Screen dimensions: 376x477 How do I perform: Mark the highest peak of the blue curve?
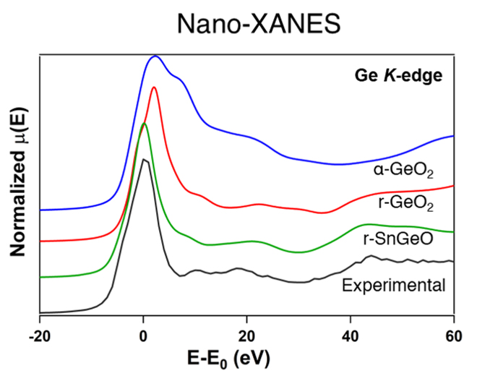155,56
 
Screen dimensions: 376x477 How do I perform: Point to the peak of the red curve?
153,87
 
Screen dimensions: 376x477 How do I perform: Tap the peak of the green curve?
144,124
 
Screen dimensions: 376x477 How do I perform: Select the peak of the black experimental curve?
145,159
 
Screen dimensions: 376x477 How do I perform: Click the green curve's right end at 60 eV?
453,232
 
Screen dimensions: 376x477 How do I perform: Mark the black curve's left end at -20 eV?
41,312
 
